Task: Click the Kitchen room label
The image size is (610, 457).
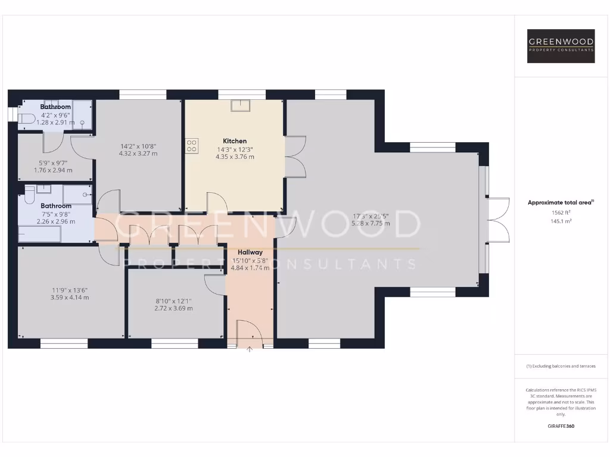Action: [x=234, y=141]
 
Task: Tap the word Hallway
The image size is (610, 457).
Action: [x=250, y=252]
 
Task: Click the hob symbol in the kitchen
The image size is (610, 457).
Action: [x=192, y=146]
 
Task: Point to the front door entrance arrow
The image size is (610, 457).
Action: [x=250, y=350]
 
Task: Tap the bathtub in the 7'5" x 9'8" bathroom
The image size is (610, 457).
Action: [x=39, y=234]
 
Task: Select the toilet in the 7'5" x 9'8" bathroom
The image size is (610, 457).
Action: [x=29, y=195]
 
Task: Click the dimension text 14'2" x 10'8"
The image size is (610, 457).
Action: [x=138, y=146]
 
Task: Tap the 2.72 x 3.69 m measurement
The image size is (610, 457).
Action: [x=173, y=308]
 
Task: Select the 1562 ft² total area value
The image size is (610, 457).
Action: [x=561, y=212]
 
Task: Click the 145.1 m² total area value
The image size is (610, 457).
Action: [x=561, y=221]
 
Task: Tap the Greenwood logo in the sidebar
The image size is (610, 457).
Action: [x=561, y=46]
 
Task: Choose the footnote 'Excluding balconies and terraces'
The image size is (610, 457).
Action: [x=561, y=366]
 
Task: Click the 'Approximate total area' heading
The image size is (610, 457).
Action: [x=561, y=202]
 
